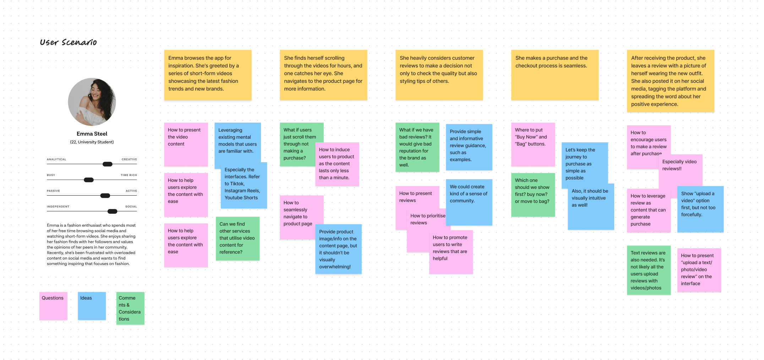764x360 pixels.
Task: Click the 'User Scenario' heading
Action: pos(68,42)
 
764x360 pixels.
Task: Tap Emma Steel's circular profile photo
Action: pos(92,102)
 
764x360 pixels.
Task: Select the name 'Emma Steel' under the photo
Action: pos(92,134)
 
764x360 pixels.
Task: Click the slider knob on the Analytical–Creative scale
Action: pos(108,164)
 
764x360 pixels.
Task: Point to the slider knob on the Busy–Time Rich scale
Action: pos(89,180)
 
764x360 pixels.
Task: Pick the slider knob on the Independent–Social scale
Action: pos(113,212)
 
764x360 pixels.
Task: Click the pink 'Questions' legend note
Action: pos(53,306)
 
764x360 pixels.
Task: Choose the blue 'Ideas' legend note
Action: pos(92,306)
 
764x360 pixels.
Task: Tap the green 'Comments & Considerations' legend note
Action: pos(130,308)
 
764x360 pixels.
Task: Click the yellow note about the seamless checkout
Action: pos(555,75)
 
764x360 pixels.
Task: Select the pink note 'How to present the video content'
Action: pos(186,144)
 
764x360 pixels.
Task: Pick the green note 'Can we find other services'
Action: pos(238,238)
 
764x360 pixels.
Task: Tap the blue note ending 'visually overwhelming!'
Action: pos(338,249)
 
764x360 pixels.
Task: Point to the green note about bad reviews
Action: pos(417,147)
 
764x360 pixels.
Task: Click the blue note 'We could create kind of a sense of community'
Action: pos(469,202)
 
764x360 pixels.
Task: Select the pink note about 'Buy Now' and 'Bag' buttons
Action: pos(533,144)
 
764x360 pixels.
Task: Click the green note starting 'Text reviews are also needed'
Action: pos(648,270)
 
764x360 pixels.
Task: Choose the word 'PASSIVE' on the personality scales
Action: pos(53,191)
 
